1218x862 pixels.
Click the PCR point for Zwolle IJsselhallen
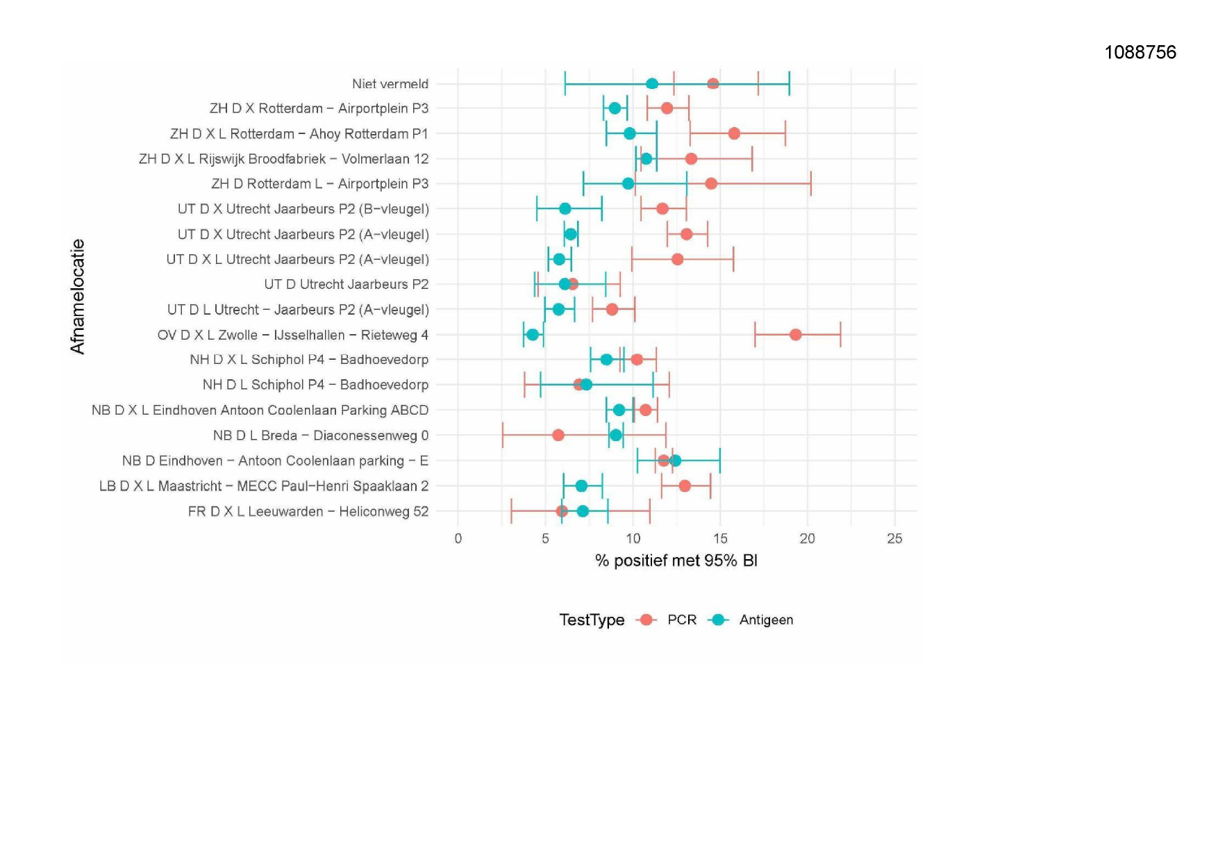pyautogui.click(x=795, y=335)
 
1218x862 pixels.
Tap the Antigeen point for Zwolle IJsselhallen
pyautogui.click(x=533, y=335)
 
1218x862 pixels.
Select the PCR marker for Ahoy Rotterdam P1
pyautogui.click(x=734, y=133)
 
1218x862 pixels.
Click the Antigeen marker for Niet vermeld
pyautogui.click(x=652, y=84)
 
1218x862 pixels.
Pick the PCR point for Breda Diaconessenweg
pyautogui.click(x=558, y=436)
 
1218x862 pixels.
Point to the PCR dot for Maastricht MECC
pyautogui.click(x=685, y=486)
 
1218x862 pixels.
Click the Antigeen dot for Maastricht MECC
pyautogui.click(x=581, y=486)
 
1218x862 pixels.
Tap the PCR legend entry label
pyautogui.click(x=681, y=620)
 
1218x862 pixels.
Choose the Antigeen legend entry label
pyautogui.click(x=766, y=620)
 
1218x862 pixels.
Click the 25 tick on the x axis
pyautogui.click(x=894, y=538)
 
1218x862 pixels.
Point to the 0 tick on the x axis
pyautogui.click(x=458, y=538)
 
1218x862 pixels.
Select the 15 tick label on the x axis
pyautogui.click(x=720, y=538)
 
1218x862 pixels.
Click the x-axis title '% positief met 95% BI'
pyautogui.click(x=676, y=561)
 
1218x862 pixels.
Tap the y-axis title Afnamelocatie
pyautogui.click(x=77, y=297)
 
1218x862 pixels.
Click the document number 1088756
pyautogui.click(x=1140, y=52)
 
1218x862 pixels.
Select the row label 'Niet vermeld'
pyautogui.click(x=390, y=84)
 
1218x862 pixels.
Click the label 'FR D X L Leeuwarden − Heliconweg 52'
pyautogui.click(x=308, y=511)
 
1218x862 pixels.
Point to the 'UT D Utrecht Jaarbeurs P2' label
pyautogui.click(x=346, y=284)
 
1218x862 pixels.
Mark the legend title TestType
pyautogui.click(x=592, y=620)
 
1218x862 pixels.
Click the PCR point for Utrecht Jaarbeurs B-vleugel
pyautogui.click(x=662, y=209)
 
